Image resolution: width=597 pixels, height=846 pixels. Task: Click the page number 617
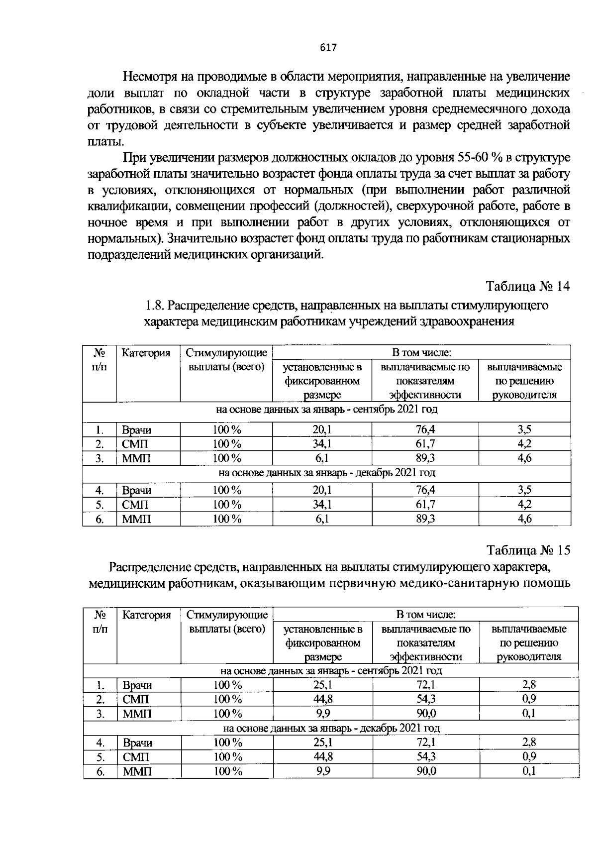(x=329, y=48)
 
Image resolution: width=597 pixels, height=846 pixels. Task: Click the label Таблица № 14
(x=527, y=287)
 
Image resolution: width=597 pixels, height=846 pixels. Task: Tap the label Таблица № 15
(x=528, y=550)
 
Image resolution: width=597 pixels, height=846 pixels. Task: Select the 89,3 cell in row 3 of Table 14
(x=425, y=458)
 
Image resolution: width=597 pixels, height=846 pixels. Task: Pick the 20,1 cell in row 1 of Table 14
(x=322, y=430)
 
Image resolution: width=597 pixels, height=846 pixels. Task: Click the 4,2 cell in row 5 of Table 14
(x=524, y=505)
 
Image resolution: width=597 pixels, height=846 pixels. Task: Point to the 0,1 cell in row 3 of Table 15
(x=529, y=714)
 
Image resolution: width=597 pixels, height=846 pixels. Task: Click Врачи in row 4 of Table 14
(x=137, y=491)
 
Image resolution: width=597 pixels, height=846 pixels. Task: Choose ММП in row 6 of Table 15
(x=137, y=772)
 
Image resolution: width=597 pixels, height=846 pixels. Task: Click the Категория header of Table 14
(x=146, y=353)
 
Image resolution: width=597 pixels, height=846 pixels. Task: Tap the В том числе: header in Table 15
(x=426, y=615)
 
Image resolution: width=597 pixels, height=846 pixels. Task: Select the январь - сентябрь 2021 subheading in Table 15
(x=331, y=671)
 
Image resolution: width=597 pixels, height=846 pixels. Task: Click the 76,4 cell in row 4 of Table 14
(x=425, y=490)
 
